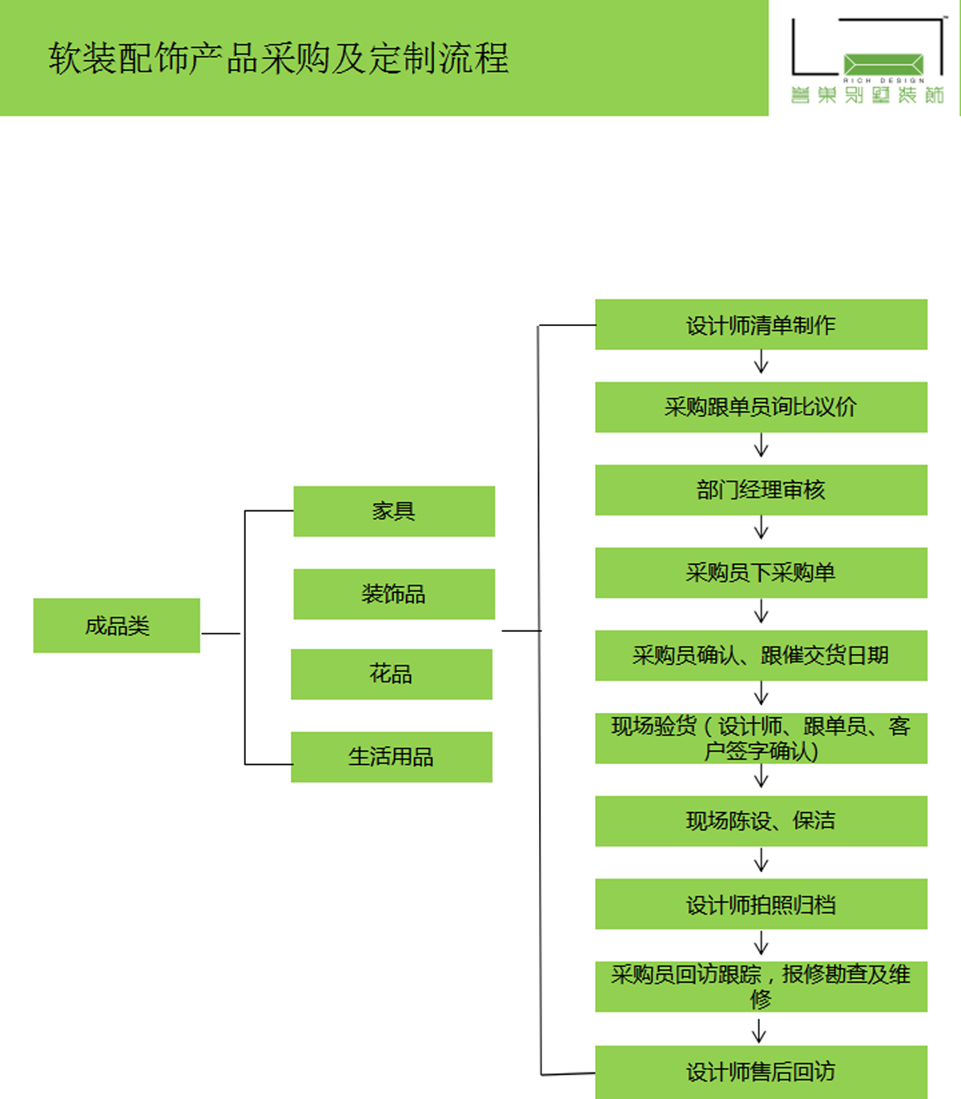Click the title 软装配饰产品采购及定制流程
point(279,58)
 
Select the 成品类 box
point(117,626)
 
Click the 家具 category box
point(394,511)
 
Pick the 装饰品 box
point(394,594)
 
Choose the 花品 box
point(392,674)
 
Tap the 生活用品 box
point(392,757)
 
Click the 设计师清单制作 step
point(761,324)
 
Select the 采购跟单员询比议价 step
point(761,407)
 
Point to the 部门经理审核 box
point(761,490)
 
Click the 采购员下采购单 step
point(761,573)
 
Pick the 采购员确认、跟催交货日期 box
point(761,655)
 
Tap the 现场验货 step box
point(761,738)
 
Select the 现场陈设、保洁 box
point(761,821)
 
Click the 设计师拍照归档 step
point(761,904)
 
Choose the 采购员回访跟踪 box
point(761,987)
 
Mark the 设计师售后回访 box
point(761,1072)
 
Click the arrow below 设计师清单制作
point(761,364)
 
